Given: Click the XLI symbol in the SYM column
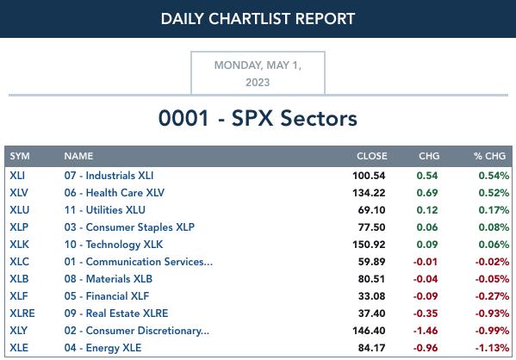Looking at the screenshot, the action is [x=17, y=176].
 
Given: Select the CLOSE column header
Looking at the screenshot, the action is [x=372, y=156].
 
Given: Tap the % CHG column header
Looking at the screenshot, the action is [x=489, y=156].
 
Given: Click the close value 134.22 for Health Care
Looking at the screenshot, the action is [x=369, y=193].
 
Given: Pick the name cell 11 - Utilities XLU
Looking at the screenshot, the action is [x=104, y=210].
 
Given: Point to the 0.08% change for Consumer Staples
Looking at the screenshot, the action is [x=494, y=227].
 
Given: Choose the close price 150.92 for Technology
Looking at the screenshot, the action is [x=369, y=245].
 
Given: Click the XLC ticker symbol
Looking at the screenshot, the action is [x=19, y=262].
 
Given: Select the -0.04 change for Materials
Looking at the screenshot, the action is [x=426, y=279].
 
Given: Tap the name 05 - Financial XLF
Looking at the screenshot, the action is [x=107, y=296].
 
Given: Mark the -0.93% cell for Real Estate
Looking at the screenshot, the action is [x=492, y=313].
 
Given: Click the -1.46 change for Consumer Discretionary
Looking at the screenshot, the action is [x=426, y=331].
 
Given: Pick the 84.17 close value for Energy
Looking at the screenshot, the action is [x=371, y=348].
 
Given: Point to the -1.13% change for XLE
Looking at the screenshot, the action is [x=492, y=348].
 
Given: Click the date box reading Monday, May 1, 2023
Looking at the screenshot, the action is [x=258, y=73].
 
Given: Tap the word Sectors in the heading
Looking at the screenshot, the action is [x=319, y=118].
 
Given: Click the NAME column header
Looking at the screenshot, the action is [x=78, y=156].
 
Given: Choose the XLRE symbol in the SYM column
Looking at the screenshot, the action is [x=22, y=313].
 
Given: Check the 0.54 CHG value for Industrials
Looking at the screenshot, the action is [x=427, y=176].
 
